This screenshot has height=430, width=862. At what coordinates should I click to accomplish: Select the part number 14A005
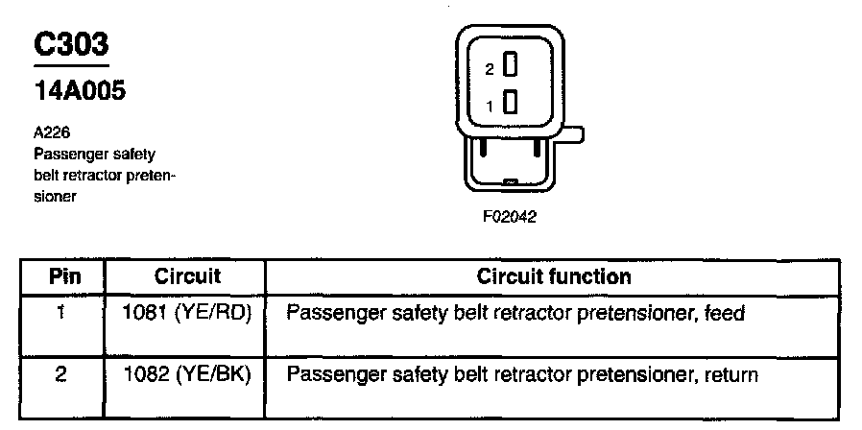pos(80,91)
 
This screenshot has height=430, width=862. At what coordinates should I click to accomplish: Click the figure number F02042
pos(509,217)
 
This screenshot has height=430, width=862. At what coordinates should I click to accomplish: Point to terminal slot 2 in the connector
pos(512,65)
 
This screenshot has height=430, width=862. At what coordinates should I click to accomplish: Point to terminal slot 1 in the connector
pos(512,101)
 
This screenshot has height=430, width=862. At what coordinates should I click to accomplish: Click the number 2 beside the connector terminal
pos(490,70)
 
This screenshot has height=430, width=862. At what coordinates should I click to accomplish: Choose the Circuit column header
pos(187,277)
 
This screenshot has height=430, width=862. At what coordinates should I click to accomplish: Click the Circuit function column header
pos(554,277)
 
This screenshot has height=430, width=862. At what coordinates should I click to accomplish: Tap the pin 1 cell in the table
pos(60,313)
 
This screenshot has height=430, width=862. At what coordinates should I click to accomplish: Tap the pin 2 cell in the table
pos(60,374)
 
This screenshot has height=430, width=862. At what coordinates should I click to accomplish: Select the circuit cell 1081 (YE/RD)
pos(187,313)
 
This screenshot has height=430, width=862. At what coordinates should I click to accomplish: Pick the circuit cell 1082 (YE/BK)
pos(187,374)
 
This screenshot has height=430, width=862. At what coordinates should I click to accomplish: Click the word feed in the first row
pos(725,314)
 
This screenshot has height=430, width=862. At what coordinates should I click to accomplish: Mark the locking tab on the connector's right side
pos(572,136)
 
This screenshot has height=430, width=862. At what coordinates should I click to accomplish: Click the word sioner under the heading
pos(54,196)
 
